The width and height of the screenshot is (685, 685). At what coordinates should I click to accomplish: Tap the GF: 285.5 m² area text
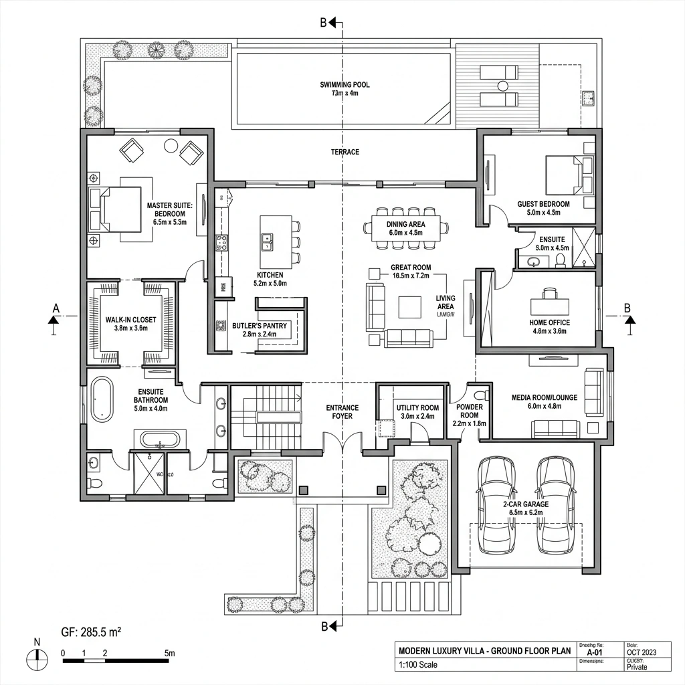90,631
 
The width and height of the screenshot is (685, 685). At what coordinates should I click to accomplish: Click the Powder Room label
470,415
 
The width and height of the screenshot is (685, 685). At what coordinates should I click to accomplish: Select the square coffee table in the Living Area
410,307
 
